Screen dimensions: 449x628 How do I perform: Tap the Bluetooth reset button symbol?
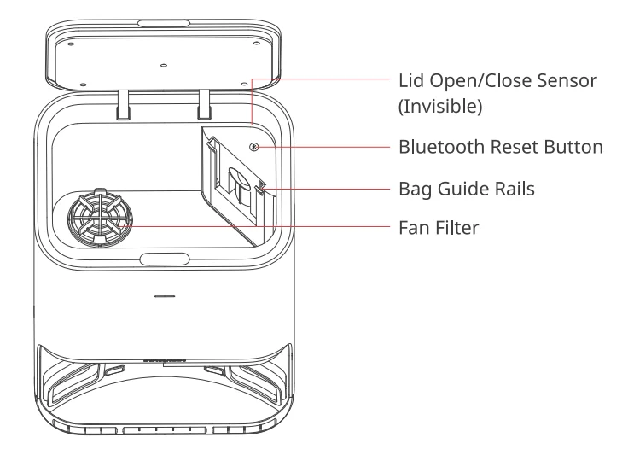(x=253, y=146)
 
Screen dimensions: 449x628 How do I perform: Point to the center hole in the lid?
(x=163, y=65)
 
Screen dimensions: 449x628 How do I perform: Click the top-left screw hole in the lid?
(x=70, y=43)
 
